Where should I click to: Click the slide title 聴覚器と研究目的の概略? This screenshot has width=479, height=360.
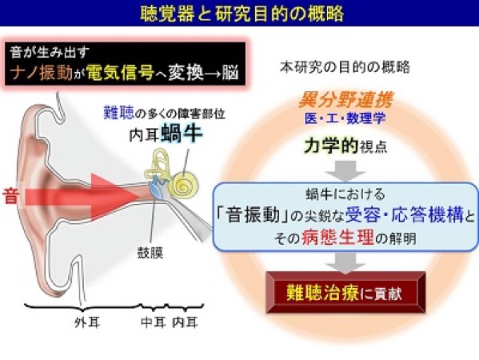(242, 14)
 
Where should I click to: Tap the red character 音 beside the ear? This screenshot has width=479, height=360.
(10, 196)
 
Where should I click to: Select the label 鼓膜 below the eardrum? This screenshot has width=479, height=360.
(150, 253)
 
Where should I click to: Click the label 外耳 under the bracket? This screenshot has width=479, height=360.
(87, 322)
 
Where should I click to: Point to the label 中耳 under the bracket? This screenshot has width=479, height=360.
(153, 322)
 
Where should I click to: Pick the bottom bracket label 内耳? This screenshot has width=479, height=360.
(186, 322)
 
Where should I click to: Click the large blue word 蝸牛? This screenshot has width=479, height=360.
(182, 134)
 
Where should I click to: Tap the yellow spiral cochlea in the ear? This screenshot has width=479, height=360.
(185, 184)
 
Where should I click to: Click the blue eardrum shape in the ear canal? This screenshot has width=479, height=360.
(156, 190)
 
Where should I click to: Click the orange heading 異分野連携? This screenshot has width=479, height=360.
(345, 100)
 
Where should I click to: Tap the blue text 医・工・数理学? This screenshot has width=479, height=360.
(345, 118)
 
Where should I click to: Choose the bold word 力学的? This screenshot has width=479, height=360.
(331, 146)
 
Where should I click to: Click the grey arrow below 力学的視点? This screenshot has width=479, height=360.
(345, 171)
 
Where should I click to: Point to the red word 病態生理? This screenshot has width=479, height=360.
(338, 237)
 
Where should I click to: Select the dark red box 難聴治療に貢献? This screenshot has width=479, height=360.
(345, 292)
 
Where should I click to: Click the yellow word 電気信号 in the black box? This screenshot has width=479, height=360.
(119, 73)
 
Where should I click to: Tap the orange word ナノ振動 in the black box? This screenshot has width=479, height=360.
(42, 74)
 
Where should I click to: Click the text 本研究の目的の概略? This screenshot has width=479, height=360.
(345, 67)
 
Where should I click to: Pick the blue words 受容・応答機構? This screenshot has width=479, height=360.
(405, 215)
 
